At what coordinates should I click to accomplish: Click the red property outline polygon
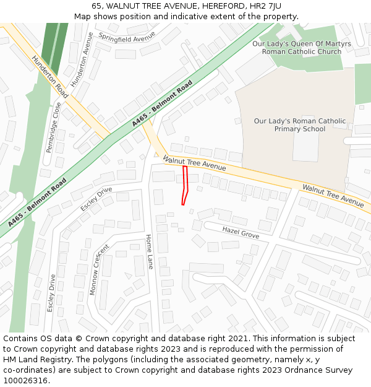click(185, 184)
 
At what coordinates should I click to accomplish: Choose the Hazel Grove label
click(241, 233)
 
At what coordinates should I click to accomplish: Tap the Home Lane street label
click(149, 251)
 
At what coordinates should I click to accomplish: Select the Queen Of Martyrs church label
click(301, 47)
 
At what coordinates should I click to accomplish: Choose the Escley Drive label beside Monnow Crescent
click(51, 292)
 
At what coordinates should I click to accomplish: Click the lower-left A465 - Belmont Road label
click(37, 202)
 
